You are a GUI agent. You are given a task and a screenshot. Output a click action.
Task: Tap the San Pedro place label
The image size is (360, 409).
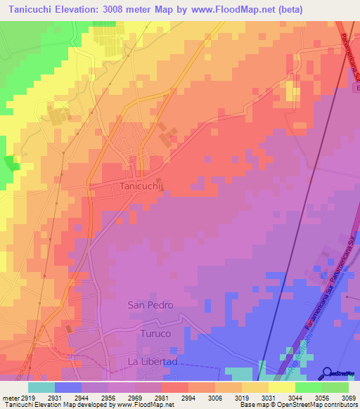pos(150,305)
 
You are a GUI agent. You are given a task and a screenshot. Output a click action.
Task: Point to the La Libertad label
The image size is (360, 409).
pos(152,361)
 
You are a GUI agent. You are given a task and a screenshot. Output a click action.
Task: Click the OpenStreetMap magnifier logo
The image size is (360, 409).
pos(328,372)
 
